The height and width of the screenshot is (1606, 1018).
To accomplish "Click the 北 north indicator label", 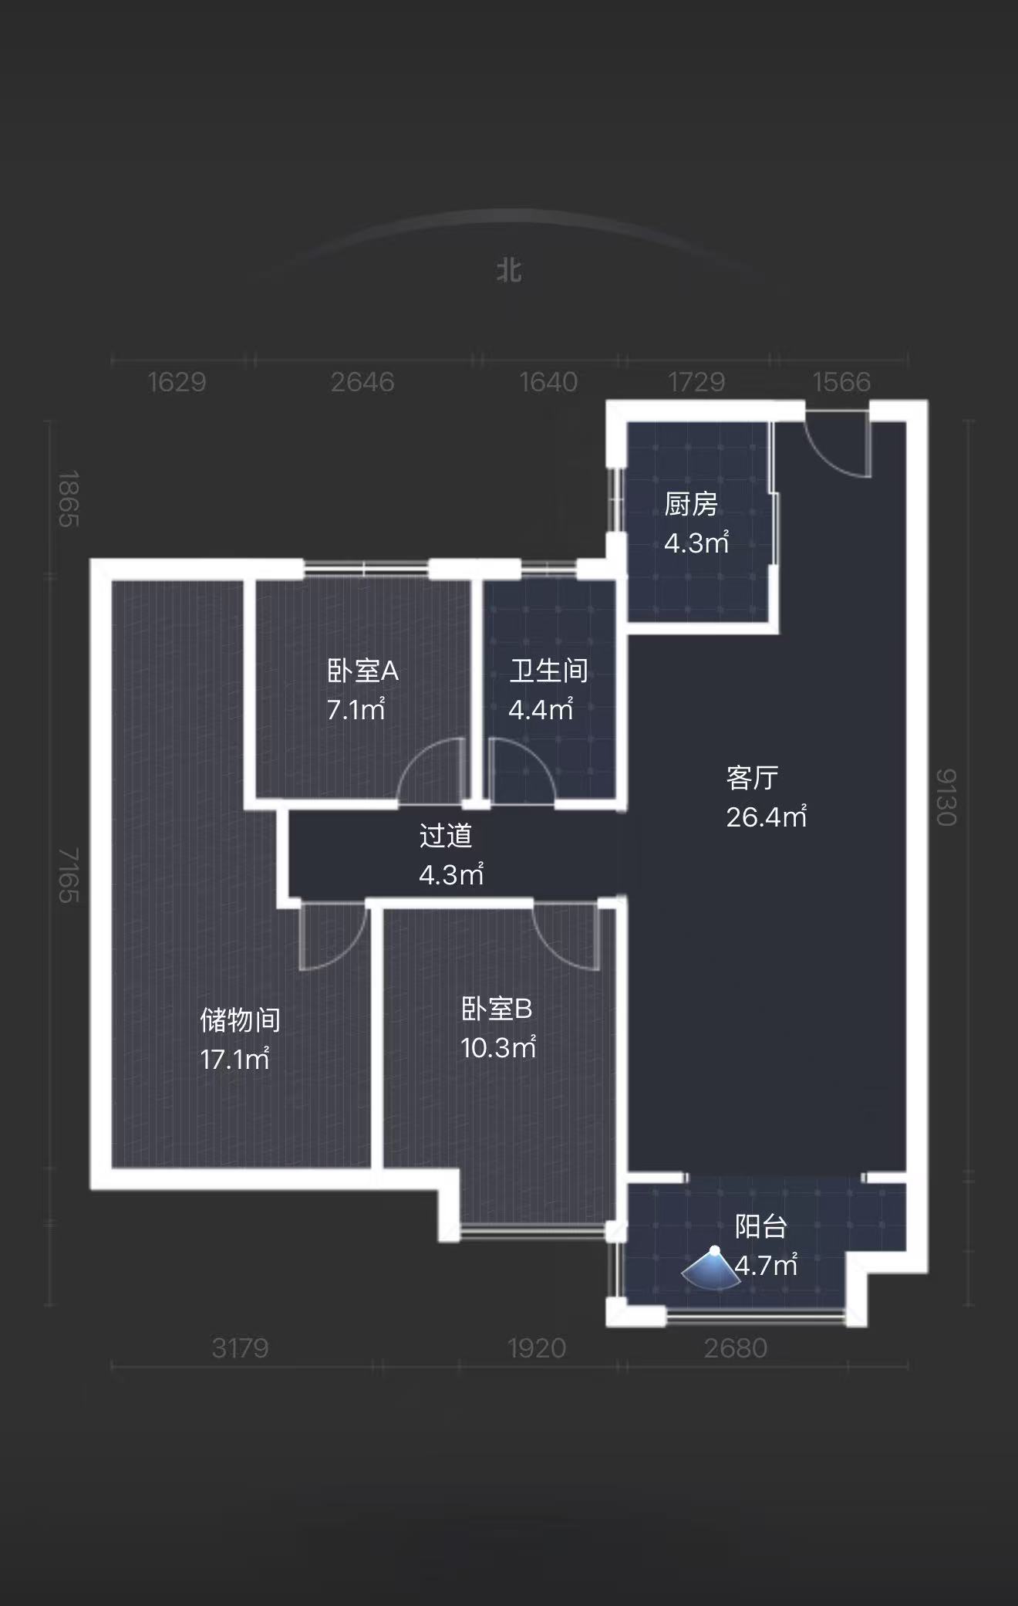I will coord(509,271).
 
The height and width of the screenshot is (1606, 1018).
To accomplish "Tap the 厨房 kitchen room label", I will coord(691,505).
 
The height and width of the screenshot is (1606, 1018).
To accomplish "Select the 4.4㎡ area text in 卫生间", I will coord(541,709).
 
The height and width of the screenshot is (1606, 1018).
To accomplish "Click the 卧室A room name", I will coord(362,671).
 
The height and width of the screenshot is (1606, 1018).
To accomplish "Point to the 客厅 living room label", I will coord(752,778).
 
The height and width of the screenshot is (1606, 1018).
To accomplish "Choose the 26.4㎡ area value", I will coord(766,817).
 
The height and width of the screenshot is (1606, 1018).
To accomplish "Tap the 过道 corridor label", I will coord(445,836).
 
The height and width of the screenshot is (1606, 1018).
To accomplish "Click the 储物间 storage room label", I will coord(240,1020).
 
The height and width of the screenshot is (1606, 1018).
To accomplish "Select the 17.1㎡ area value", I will coord(234,1059).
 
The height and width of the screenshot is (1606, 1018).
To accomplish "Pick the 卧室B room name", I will coord(497,1009).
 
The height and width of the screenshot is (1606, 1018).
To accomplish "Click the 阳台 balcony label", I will coord(761,1226).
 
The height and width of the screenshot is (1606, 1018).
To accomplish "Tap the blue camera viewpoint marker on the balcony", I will coord(712,1269).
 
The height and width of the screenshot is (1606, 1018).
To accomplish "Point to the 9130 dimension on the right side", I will coord(946,797).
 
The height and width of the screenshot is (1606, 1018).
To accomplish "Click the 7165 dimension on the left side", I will coord(69,875).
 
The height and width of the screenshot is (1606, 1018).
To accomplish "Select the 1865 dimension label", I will coord(69,499).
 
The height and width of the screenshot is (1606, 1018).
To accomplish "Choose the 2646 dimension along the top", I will coord(362,382).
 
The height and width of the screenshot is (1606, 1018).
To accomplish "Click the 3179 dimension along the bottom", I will coord(240,1348).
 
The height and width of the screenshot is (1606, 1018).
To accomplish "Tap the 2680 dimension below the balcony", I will coord(736,1348).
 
